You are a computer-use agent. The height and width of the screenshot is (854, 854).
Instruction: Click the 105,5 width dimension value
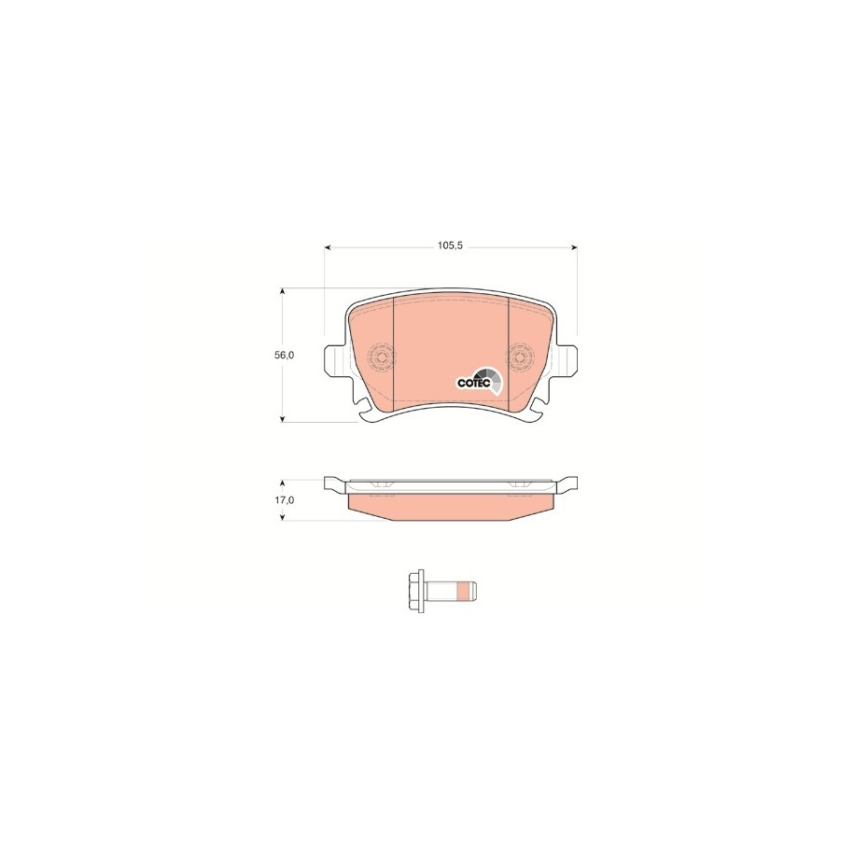click(x=451, y=245)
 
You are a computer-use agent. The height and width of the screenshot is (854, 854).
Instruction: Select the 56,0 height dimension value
click(x=285, y=356)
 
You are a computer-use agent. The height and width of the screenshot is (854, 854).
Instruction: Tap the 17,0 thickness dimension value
click(x=285, y=500)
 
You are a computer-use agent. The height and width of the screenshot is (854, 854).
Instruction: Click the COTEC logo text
click(x=473, y=382)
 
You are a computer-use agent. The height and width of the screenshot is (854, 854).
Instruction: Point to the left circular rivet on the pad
click(x=381, y=357)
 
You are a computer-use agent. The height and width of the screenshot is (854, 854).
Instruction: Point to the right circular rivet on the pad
click(x=519, y=357)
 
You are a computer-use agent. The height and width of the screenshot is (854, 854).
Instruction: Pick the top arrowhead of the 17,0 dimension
click(x=283, y=480)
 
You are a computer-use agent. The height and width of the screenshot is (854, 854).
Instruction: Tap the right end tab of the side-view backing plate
click(x=567, y=483)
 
